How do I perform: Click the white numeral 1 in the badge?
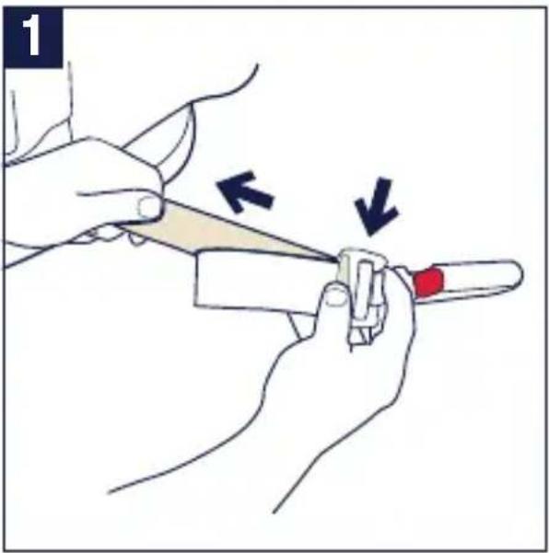31,36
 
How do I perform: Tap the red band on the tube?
428,282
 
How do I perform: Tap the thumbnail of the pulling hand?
148,207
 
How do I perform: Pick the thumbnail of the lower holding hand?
334,296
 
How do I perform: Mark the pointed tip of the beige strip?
336,261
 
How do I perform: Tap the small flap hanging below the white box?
300,325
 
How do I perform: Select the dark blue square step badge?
33,38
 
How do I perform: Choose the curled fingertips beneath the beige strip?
116,236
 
